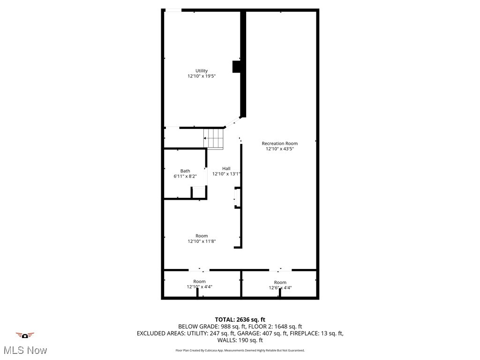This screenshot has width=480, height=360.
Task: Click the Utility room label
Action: [202, 71]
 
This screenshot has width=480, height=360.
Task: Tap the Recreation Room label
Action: [279, 143]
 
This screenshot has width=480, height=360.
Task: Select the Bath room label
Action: [185, 171]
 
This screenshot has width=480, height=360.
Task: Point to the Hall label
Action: [226, 168]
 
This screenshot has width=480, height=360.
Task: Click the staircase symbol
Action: [214, 139]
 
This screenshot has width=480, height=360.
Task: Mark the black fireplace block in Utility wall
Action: [237, 67]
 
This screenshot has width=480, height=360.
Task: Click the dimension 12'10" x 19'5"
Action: [202, 76]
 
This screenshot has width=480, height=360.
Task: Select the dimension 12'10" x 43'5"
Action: [279, 149]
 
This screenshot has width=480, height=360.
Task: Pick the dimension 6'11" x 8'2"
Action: [185, 176]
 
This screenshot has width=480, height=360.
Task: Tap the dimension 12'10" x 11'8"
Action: [202, 241]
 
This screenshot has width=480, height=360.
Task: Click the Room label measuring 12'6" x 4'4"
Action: [280, 282]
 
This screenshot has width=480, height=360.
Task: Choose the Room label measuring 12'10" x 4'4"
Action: [200, 281]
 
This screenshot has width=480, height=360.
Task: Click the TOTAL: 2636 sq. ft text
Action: [240, 319]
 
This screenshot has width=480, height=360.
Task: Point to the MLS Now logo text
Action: [25, 350]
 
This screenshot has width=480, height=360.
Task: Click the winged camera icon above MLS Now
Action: [25, 335]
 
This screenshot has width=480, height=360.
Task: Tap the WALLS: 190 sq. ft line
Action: [240, 340]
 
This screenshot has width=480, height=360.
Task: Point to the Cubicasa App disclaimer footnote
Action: [240, 350]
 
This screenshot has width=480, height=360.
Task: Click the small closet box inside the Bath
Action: [199, 193]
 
